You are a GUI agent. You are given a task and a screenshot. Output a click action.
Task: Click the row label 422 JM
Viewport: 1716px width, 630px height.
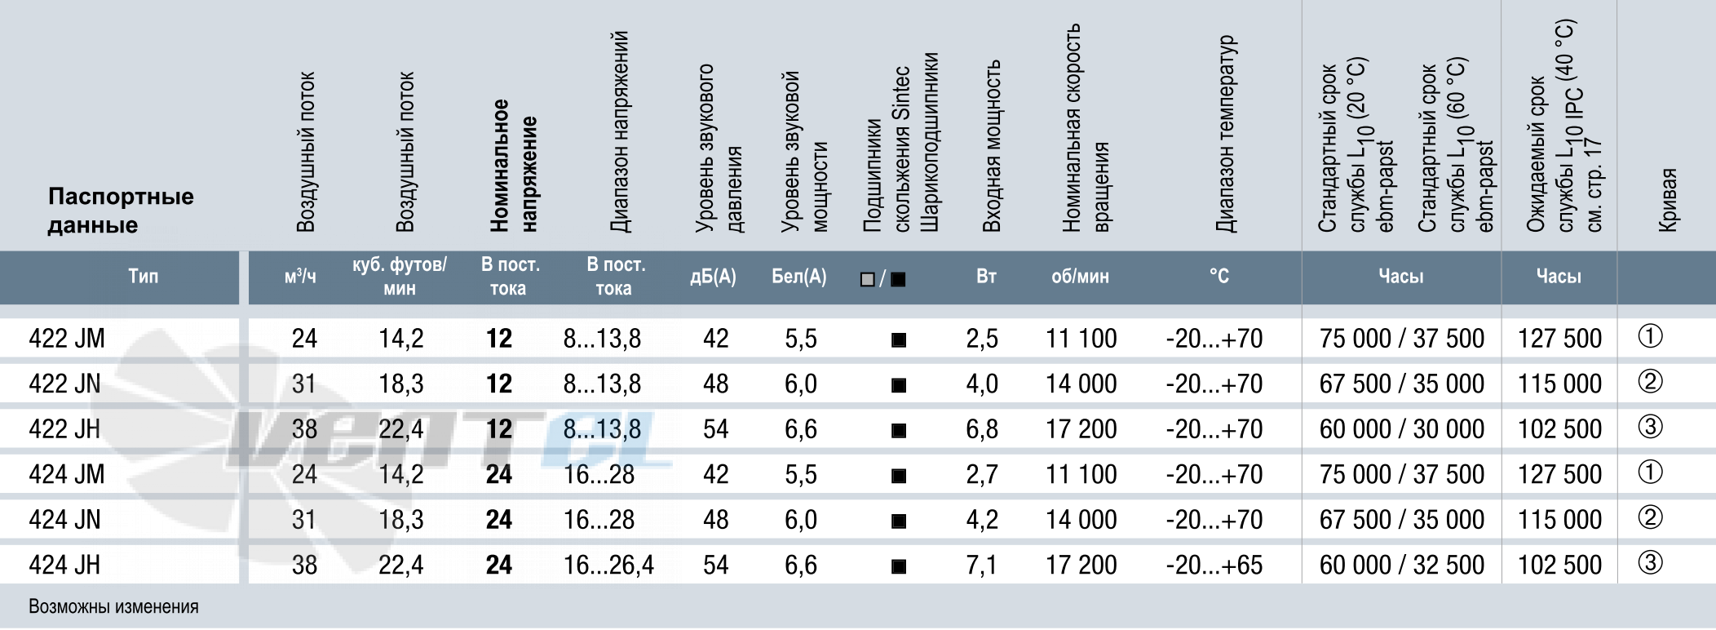click(67, 338)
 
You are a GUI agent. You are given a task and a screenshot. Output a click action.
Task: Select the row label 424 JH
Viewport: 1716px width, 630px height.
click(64, 564)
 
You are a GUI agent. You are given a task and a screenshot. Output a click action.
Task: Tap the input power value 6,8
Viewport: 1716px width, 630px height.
click(982, 428)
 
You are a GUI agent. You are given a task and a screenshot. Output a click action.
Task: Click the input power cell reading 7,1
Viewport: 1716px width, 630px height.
click(982, 564)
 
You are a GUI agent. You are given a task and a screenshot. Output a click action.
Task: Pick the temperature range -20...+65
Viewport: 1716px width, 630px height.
click(1214, 564)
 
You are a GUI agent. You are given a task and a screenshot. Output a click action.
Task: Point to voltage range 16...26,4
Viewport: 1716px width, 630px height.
click(608, 564)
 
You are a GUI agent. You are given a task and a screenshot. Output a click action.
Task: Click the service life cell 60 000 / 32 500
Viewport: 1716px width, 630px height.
click(1402, 564)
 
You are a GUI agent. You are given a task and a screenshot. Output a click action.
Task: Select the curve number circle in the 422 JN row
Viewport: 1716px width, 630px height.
click(1650, 382)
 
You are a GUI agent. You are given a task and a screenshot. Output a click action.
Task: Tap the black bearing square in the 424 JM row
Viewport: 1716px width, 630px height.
click(899, 475)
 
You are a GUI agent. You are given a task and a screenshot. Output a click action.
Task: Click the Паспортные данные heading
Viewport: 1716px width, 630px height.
click(121, 211)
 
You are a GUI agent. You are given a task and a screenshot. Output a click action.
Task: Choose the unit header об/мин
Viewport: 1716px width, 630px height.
click(1080, 277)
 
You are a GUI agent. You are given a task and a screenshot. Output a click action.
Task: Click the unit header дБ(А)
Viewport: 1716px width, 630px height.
click(713, 277)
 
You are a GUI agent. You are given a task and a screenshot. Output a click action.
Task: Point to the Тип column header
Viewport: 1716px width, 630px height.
click(143, 276)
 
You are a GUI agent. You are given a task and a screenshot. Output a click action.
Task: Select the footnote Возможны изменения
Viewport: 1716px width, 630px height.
click(113, 606)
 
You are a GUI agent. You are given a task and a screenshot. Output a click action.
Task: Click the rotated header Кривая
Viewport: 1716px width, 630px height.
click(1669, 200)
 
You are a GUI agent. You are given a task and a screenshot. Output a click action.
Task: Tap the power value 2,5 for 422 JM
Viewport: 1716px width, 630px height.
click(982, 338)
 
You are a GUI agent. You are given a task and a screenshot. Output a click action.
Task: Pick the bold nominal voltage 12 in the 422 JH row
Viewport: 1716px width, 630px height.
click(499, 428)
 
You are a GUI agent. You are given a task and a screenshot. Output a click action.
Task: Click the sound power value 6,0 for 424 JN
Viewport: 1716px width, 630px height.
click(800, 519)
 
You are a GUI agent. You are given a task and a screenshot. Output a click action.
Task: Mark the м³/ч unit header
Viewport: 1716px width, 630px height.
click(300, 276)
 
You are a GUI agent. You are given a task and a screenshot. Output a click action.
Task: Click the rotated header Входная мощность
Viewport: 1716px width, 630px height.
click(991, 146)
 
